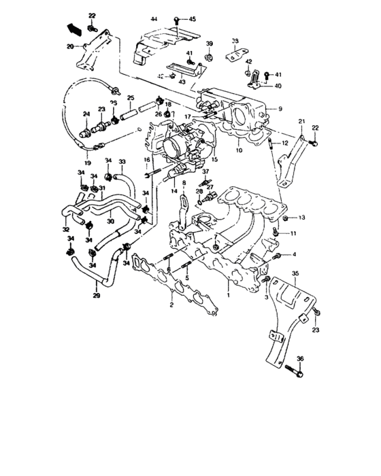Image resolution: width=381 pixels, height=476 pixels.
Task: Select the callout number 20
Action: [70, 47]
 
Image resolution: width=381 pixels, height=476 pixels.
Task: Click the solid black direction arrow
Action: [73, 29]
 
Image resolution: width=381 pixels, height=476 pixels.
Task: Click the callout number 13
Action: [302, 217]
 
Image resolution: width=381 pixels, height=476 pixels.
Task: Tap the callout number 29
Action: [95, 296]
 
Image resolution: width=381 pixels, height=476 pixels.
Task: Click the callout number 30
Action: [110, 220]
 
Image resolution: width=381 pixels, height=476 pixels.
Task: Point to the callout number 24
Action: [86, 114]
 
